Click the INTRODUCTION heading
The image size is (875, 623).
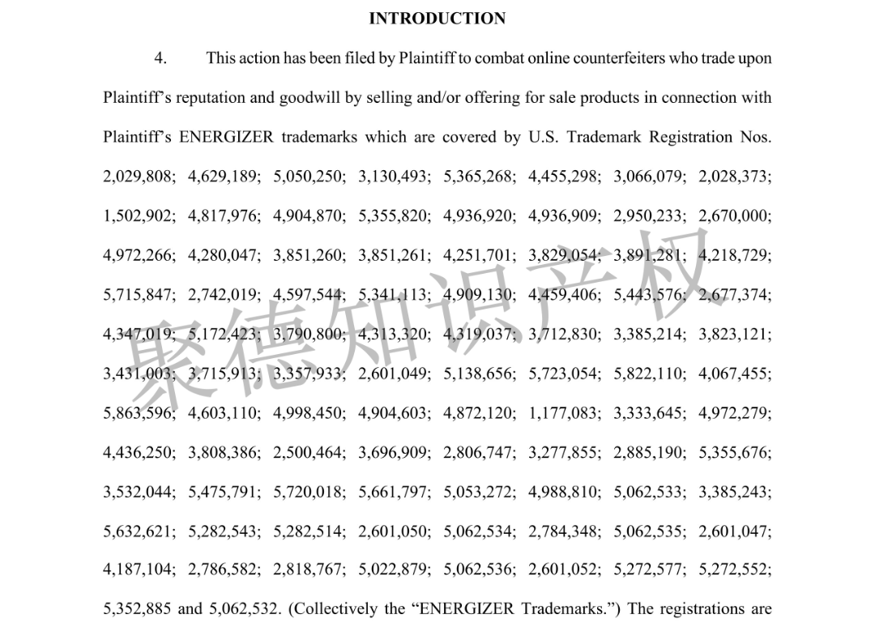[437, 19]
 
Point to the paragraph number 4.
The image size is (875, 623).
[160, 58]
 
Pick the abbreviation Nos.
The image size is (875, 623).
[755, 137]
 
